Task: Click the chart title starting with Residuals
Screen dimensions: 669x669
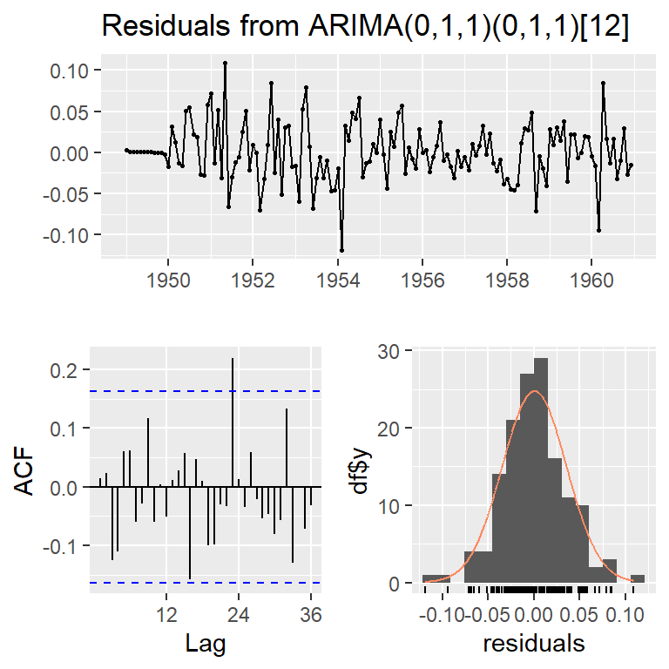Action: [365, 27]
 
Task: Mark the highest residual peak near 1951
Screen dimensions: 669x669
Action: [225, 63]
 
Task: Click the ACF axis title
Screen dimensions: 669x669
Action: [27, 471]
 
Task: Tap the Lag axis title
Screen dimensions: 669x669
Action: [206, 645]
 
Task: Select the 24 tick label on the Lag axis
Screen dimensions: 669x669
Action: [239, 614]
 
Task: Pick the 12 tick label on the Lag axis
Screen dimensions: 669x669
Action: [166, 614]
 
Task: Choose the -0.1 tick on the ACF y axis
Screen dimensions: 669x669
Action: [63, 545]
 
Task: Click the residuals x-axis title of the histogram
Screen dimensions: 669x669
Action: [534, 645]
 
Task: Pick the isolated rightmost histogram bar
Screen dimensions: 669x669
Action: [639, 578]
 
